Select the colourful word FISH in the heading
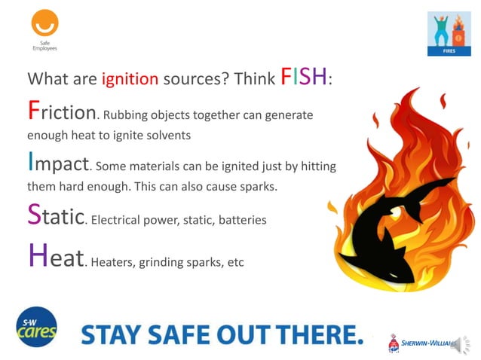pyautogui.click(x=305, y=77)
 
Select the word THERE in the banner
pyautogui.click(x=317, y=334)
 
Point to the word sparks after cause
pyautogui.click(x=255, y=185)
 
